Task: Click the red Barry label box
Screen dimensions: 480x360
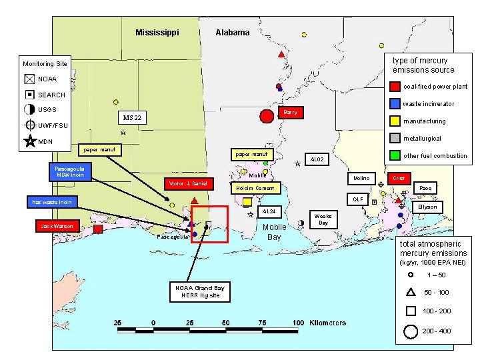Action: click(x=290, y=112)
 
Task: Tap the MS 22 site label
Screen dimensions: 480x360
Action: click(x=132, y=119)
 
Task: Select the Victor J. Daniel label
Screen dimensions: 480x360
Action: click(x=189, y=183)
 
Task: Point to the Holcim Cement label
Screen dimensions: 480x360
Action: click(x=255, y=188)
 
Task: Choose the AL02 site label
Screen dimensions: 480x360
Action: click(x=317, y=160)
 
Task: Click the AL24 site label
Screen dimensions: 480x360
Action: click(x=268, y=211)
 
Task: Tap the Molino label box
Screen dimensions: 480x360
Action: click(x=361, y=179)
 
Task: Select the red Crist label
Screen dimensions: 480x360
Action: click(x=399, y=179)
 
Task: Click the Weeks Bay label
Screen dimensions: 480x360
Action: click(x=323, y=219)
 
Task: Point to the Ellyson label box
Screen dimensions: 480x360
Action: click(x=427, y=207)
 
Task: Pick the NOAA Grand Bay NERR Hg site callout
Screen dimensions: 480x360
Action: click(x=199, y=291)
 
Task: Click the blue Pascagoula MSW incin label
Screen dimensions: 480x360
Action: click(x=69, y=171)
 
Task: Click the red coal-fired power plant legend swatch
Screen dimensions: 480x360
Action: click(x=395, y=86)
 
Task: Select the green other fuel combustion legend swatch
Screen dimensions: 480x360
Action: click(x=395, y=156)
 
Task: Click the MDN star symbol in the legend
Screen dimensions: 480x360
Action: click(x=30, y=141)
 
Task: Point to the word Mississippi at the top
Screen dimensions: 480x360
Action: click(x=157, y=32)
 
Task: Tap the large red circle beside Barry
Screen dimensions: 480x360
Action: click(x=267, y=117)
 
